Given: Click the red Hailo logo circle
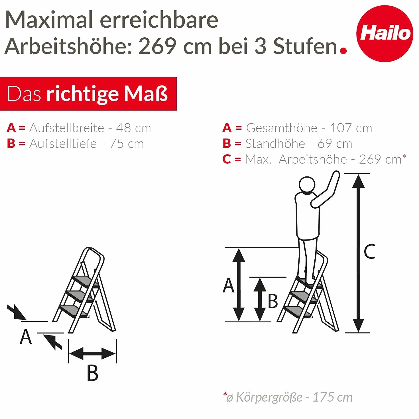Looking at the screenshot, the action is click(385, 33).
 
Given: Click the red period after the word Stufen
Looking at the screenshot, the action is click(343, 51).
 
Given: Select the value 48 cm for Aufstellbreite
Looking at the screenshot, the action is click(133, 128).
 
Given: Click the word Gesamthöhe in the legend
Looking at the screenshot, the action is click(282, 128).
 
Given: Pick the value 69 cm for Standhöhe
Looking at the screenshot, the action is click(335, 143).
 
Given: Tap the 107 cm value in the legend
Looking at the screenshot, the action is click(351, 128).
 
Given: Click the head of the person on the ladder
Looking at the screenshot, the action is click(307, 185).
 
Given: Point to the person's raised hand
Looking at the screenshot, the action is click(336, 175).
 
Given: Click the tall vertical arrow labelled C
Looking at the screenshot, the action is click(358, 253).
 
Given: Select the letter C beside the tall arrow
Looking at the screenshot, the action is click(370, 251).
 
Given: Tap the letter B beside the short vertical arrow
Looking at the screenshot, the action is click(273, 301).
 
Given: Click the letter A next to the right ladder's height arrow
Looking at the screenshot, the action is click(228, 286).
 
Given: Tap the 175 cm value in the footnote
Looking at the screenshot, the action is click(332, 397).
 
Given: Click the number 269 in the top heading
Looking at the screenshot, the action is click(157, 46).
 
